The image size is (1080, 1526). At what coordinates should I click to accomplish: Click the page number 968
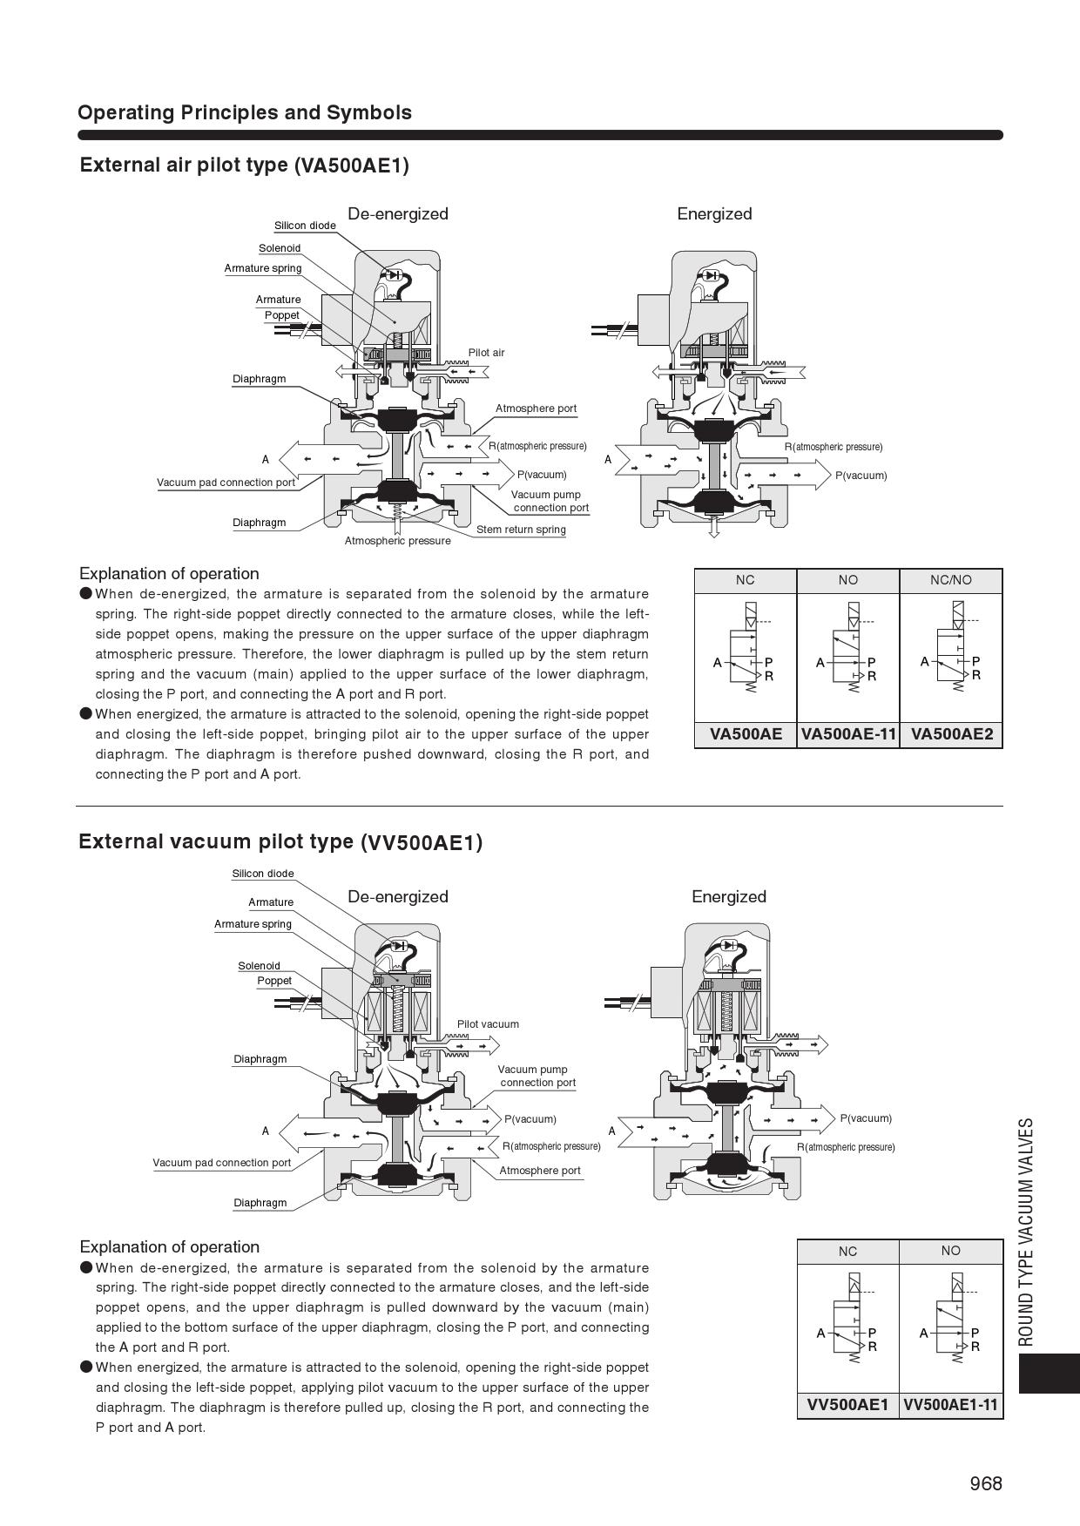(986, 1483)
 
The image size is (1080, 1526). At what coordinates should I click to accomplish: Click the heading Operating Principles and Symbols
(245, 112)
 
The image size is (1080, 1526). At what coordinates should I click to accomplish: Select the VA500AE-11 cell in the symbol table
(847, 733)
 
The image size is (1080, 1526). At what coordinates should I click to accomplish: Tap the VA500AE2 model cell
(951, 733)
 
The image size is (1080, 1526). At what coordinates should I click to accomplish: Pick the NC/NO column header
(950, 580)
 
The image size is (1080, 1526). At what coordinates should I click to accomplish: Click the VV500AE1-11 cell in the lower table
(950, 1404)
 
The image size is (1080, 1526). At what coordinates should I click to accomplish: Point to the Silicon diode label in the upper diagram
(305, 226)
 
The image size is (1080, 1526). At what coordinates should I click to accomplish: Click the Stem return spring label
(521, 530)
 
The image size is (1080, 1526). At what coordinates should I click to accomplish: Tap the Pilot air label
(486, 353)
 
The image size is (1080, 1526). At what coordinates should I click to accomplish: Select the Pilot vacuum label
(488, 1024)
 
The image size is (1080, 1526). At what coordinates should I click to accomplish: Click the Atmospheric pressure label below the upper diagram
(397, 541)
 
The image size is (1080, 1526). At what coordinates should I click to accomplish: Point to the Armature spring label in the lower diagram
(253, 924)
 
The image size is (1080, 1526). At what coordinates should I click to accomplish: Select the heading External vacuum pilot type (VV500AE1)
(280, 841)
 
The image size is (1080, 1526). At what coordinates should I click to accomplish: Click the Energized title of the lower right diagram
(729, 896)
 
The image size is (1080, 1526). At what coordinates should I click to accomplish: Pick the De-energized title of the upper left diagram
(397, 213)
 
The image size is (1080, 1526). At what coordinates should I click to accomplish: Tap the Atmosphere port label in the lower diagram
(539, 1171)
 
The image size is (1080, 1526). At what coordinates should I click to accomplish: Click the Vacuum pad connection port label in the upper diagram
(226, 483)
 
